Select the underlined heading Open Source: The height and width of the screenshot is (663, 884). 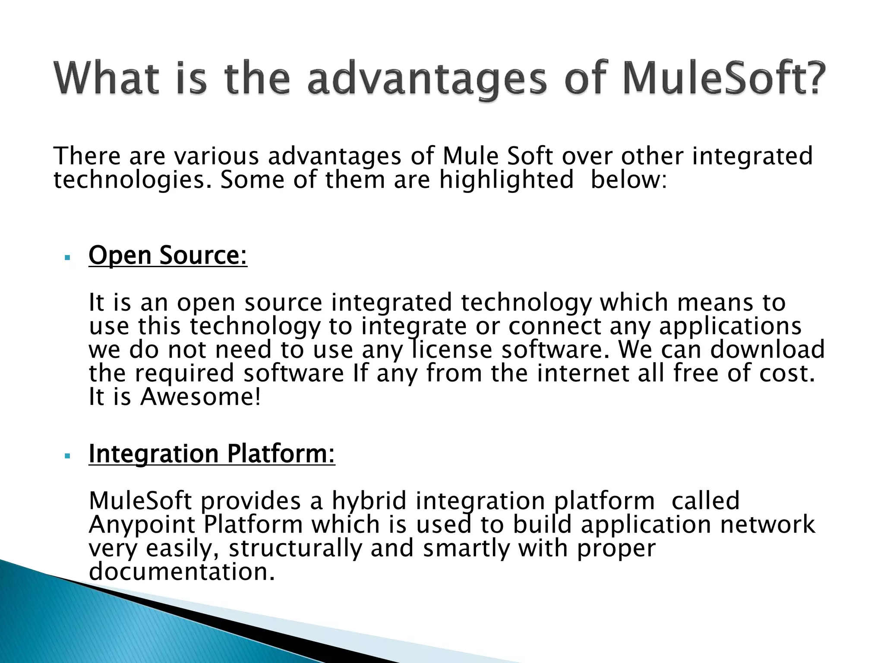[x=168, y=256]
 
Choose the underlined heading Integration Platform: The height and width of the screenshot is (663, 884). [x=212, y=454]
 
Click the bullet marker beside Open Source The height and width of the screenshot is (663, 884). [x=66, y=258]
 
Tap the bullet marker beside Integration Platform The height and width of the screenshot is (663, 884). [x=66, y=456]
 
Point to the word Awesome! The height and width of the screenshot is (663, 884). [x=201, y=397]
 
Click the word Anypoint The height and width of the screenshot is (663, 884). [x=142, y=525]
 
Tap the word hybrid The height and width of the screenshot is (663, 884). [x=369, y=501]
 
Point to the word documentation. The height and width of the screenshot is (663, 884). [x=182, y=572]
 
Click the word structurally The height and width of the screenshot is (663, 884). [x=295, y=549]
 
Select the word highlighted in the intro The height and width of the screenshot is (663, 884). [x=506, y=180]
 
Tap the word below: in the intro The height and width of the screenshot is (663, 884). [x=628, y=180]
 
